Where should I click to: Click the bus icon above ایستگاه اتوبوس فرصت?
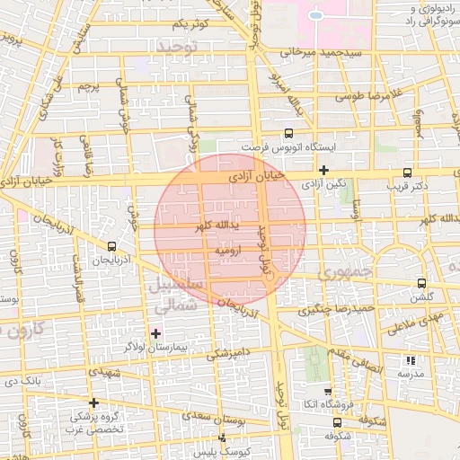[x=288, y=131]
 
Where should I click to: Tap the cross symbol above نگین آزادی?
[x=323, y=170]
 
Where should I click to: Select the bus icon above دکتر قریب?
[x=407, y=172]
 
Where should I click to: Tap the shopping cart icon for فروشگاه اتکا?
[x=328, y=392]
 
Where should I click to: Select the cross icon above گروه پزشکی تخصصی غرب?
[x=93, y=402]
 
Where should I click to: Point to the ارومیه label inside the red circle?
[x=230, y=252]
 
